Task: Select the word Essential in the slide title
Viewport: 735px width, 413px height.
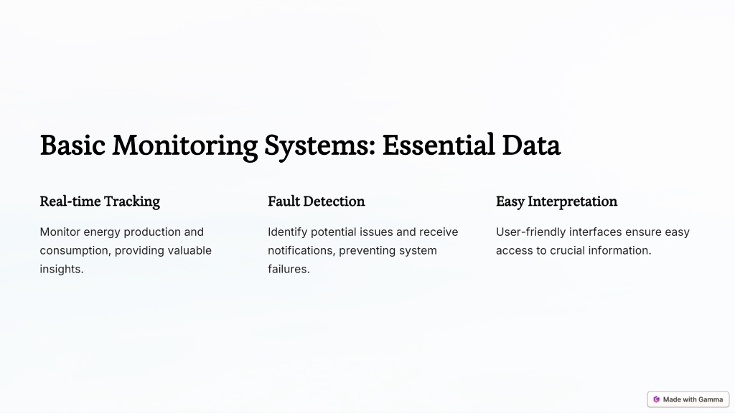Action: (x=439, y=145)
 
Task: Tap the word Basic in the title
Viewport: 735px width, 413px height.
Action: (x=72, y=145)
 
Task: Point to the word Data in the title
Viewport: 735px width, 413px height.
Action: (x=531, y=146)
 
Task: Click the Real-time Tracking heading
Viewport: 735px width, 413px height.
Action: (x=100, y=201)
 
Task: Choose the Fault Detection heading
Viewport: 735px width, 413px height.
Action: (x=316, y=201)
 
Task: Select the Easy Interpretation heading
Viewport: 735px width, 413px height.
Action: (x=556, y=201)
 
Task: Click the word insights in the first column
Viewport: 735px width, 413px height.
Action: (x=62, y=270)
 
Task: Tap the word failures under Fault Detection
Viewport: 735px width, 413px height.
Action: (x=289, y=270)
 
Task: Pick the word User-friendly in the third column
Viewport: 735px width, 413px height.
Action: (x=530, y=232)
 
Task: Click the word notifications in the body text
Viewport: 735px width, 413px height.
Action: (x=301, y=250)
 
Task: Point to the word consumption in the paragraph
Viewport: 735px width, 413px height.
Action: (x=75, y=251)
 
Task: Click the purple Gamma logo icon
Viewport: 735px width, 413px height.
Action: (x=656, y=399)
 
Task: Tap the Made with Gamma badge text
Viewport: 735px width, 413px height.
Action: (x=693, y=399)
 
